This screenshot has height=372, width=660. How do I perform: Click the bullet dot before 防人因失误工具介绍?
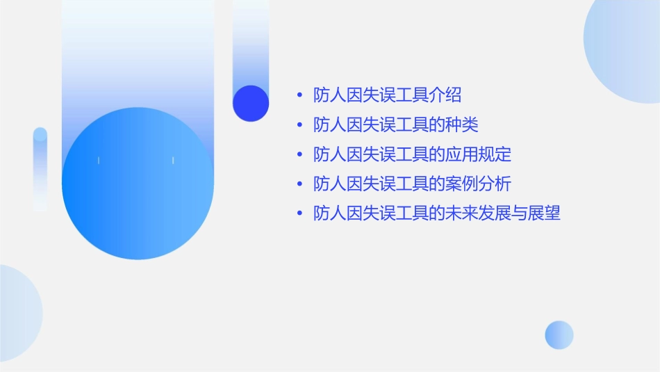click(299, 95)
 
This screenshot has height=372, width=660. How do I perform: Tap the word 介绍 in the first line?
click(445, 95)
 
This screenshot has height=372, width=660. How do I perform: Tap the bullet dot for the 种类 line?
click(299, 125)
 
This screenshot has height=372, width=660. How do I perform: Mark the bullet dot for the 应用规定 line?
click(299, 154)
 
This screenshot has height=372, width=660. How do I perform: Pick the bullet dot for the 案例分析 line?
click(299, 184)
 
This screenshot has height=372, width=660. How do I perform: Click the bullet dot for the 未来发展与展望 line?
click(299, 213)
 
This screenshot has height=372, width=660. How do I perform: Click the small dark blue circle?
click(251, 103)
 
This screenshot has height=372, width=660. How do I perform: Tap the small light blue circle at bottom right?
click(559, 334)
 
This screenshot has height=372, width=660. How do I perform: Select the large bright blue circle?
click(138, 184)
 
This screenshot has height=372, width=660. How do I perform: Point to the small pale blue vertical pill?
click(40, 168)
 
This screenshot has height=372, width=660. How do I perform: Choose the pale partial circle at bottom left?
click(17, 313)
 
